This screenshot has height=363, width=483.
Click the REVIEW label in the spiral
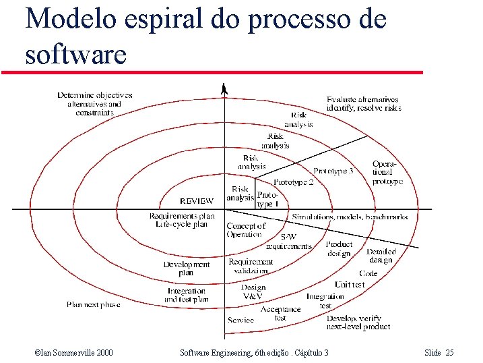pos(197,201)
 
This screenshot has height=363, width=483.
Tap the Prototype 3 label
pos(333,171)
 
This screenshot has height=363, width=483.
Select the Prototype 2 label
pos(294,182)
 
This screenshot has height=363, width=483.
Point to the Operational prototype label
pos(387,173)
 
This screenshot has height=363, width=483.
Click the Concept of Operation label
pos(246,230)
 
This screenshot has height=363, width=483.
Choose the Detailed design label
pos(381,256)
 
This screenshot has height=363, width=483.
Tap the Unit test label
pos(350,285)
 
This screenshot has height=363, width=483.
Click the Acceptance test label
pos(280,313)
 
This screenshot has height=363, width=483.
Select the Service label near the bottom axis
pos(241,320)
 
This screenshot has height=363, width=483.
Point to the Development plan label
pos(187,269)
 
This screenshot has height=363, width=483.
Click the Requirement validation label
pos(251,266)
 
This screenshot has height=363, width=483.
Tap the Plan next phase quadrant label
pos(93,305)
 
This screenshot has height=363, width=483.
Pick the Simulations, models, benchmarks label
pos(350,217)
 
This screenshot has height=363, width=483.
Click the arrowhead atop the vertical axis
pos(224,88)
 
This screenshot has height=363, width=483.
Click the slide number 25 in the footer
pos(450,353)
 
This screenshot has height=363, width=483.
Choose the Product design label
pos(339,249)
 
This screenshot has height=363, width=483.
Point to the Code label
pos(368,274)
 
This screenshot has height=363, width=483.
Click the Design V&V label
pos(253,291)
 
